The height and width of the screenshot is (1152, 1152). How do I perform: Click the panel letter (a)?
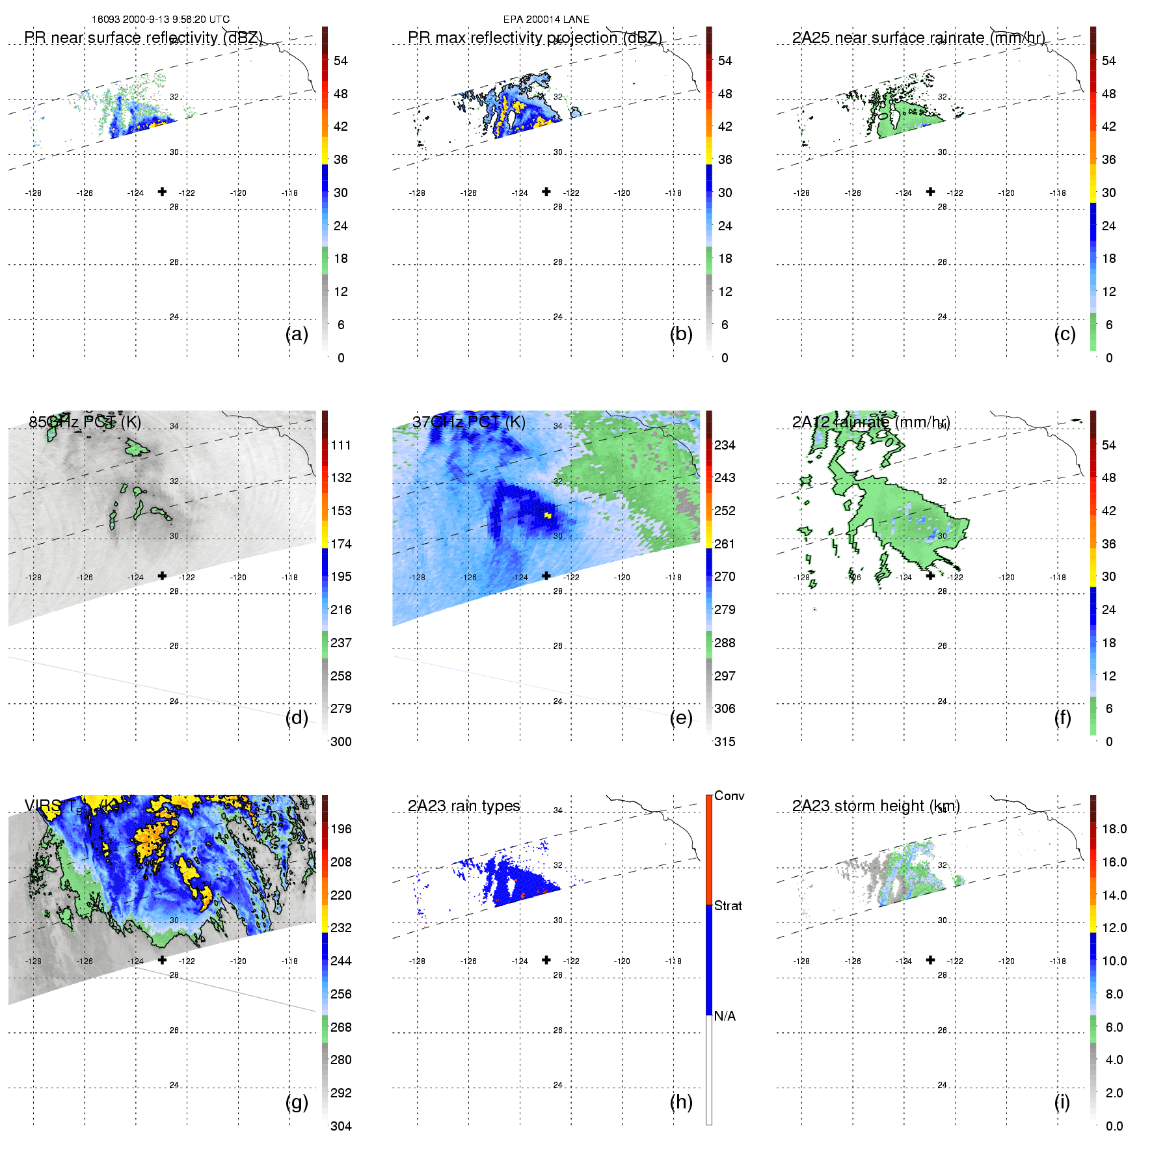[x=297, y=334]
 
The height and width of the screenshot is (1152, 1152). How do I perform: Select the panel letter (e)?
[x=680, y=718]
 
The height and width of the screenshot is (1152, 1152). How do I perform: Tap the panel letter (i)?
[x=1062, y=1102]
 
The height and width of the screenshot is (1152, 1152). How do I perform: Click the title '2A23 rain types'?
[x=464, y=806]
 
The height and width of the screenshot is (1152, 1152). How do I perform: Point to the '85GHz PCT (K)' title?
[x=85, y=422]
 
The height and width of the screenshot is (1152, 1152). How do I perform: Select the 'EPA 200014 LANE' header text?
[x=546, y=20]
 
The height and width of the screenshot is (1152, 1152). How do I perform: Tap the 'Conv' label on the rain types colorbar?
[x=729, y=796]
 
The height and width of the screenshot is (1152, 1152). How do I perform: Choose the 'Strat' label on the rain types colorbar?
[x=728, y=905]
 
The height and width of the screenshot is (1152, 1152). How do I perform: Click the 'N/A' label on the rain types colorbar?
[x=725, y=1016]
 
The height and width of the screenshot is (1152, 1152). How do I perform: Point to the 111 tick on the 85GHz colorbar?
[x=341, y=445]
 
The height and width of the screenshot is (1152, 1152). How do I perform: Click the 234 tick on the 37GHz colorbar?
[x=725, y=445]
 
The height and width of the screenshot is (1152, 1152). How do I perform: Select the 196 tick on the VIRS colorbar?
[x=341, y=829]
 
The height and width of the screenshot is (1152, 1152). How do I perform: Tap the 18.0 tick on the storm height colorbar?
[x=1114, y=829]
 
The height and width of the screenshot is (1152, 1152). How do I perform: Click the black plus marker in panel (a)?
[x=162, y=191]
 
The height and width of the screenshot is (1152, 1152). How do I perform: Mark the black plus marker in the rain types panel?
[x=546, y=959]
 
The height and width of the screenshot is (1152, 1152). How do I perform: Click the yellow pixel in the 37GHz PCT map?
[x=548, y=515]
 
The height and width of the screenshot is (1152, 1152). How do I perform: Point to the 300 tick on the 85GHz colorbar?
[x=341, y=742]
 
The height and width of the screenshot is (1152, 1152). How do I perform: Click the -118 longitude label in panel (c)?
[x=1058, y=193]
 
